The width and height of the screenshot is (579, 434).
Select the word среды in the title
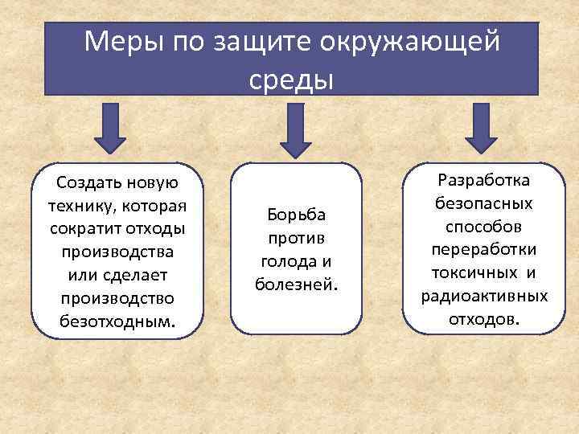290,79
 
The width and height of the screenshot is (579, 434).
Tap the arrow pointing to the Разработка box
482,129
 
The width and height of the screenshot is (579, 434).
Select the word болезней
297,285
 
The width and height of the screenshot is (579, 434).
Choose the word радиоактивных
483,296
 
